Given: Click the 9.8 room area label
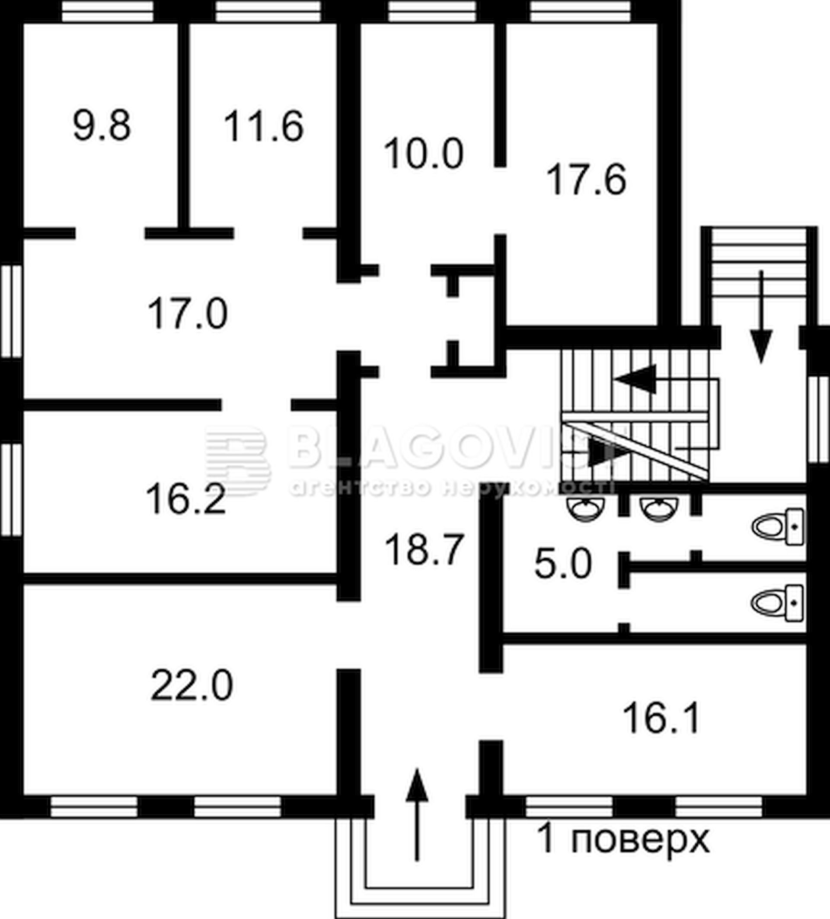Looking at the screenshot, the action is point(102,125).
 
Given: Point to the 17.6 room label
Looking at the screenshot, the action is point(587,180).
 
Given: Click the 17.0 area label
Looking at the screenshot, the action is point(188,313).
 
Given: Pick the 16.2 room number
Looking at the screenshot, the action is point(186,499).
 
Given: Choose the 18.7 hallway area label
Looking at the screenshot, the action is point(424,550).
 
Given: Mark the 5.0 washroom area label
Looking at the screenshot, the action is point(563,563).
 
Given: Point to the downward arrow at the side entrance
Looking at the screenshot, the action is point(761,317).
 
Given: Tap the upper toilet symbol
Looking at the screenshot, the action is point(778,527).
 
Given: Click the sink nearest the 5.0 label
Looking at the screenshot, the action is point(586,509).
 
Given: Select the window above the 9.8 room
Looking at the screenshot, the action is point(108,11).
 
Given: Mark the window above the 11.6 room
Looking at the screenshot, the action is point(268,11).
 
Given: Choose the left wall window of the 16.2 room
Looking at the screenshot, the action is point(11,490).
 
